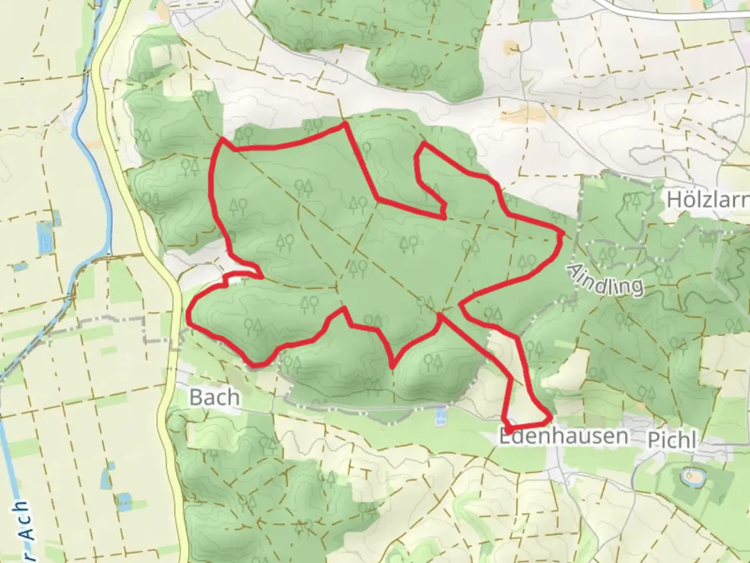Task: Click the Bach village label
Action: click(x=214, y=397)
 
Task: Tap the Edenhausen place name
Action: click(x=563, y=436)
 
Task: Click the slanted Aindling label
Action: click(x=605, y=280)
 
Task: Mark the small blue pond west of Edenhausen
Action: click(x=441, y=416)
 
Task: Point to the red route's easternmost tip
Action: click(x=562, y=234)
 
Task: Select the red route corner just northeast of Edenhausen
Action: click(x=549, y=418)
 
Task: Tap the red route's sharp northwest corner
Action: click(x=223, y=139)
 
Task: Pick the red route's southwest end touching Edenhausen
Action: click(x=506, y=427)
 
